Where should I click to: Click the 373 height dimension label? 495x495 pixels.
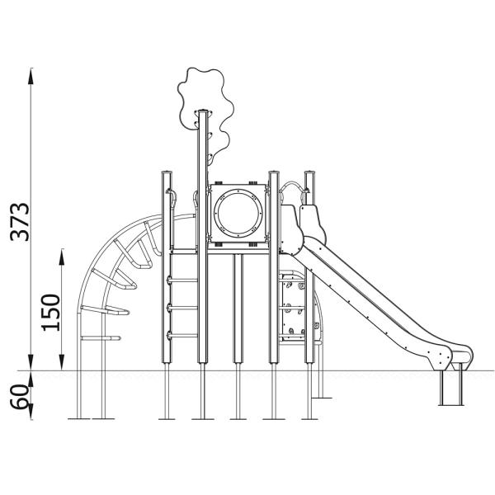(x=20, y=222)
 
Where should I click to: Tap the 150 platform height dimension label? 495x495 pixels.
(x=50, y=313)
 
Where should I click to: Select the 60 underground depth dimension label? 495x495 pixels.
(x=19, y=397)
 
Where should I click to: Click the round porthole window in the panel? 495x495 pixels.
(x=238, y=213)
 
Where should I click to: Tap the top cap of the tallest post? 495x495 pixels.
(x=203, y=111)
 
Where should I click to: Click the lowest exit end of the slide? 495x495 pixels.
(x=461, y=358)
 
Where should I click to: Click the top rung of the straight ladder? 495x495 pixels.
(x=183, y=280)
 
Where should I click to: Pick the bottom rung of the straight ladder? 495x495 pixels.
(x=183, y=336)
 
